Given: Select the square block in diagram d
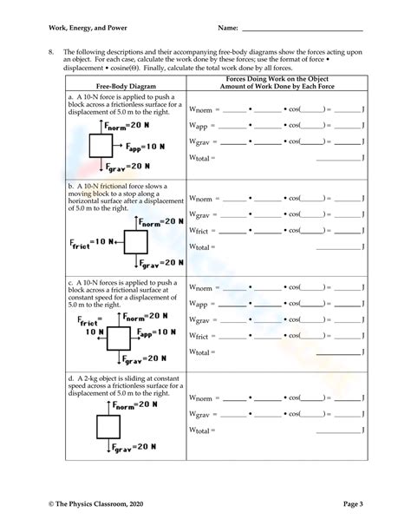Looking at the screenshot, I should (x=108, y=427).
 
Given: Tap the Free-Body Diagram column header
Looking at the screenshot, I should (x=125, y=86).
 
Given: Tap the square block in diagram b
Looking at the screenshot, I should (x=135, y=241).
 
